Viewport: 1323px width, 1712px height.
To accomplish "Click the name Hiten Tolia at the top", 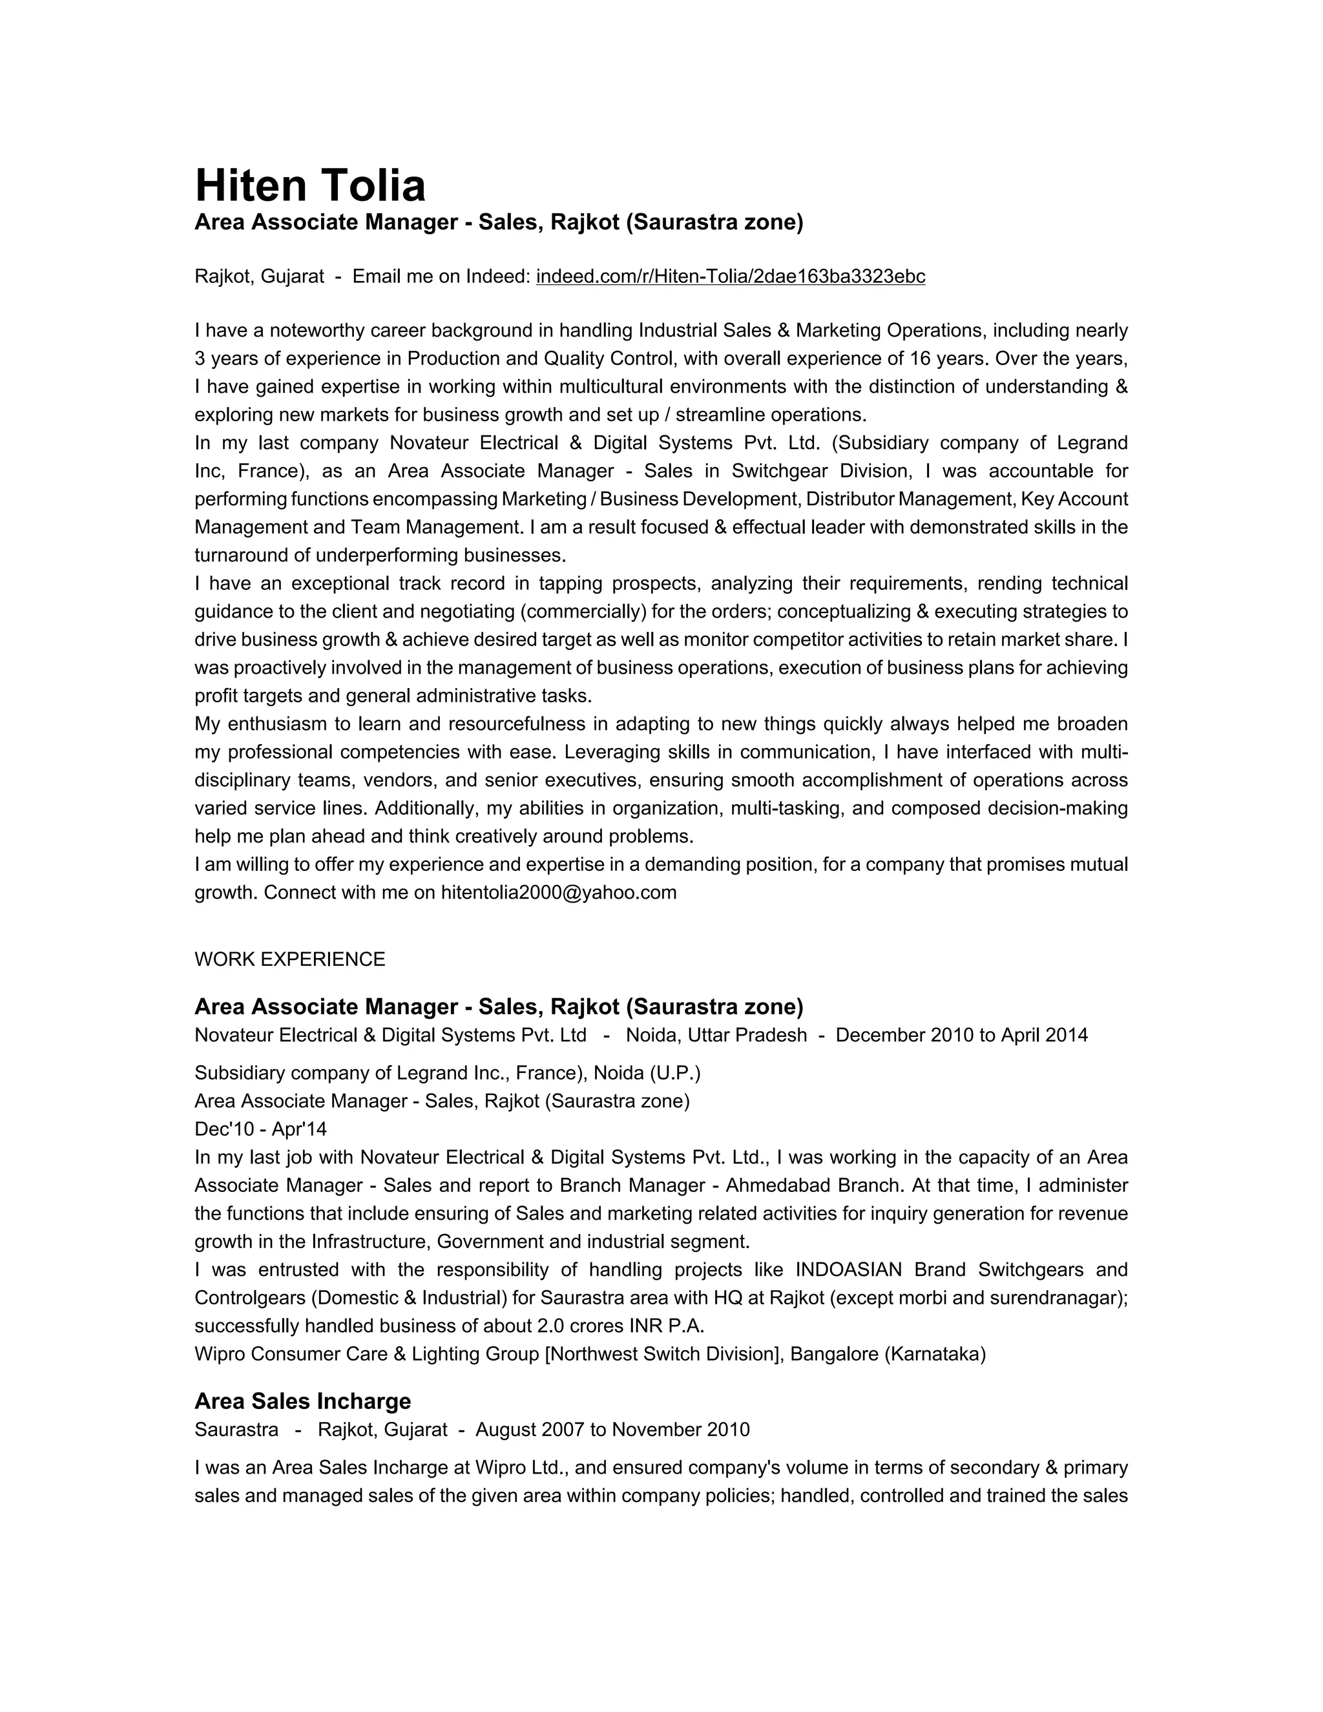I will [x=309, y=186].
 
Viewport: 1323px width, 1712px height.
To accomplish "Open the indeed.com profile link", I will [x=730, y=277].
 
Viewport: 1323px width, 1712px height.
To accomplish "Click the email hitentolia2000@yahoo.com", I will [x=558, y=893].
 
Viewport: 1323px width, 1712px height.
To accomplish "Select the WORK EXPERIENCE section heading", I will [x=289, y=959].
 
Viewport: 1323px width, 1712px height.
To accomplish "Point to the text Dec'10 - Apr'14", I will [x=260, y=1129].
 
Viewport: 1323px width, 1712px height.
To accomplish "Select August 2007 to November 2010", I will [x=612, y=1430].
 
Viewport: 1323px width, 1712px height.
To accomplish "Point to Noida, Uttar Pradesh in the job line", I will [x=716, y=1036].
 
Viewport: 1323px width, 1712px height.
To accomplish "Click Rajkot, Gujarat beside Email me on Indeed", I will [x=258, y=277].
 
